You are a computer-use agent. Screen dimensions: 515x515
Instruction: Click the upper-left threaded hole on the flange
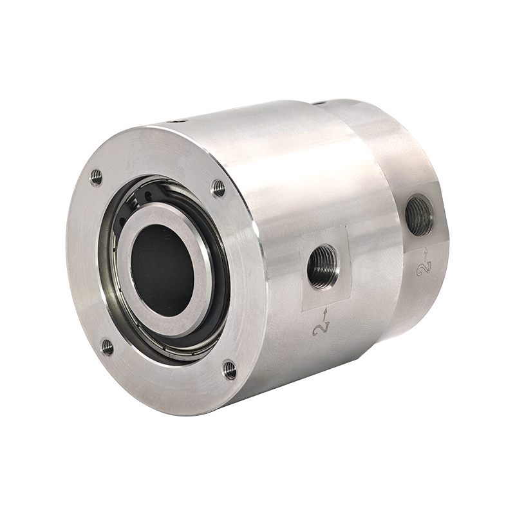96,178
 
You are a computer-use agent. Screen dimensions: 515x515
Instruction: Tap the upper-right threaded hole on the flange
218,189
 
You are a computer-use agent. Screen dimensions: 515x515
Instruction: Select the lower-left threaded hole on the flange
108,347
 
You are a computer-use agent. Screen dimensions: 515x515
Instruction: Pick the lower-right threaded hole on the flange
230,370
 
